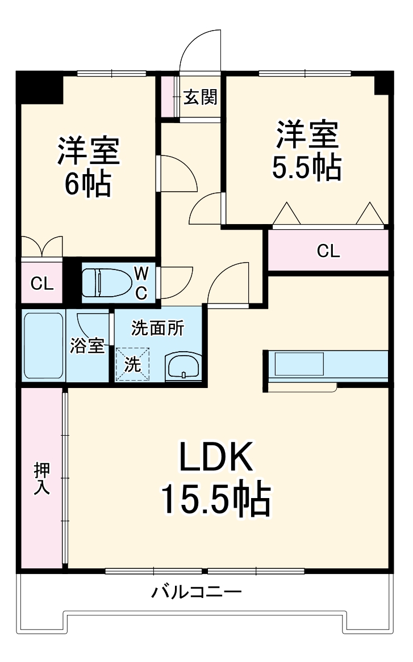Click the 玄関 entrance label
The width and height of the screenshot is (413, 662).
201,98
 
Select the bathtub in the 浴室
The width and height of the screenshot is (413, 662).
43,346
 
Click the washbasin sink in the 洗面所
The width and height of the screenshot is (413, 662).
183,366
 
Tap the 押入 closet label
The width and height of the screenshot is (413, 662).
41,478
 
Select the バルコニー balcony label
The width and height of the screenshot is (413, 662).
197,593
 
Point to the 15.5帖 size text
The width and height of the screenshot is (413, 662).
215,498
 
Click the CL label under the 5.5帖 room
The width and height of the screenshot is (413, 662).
328,251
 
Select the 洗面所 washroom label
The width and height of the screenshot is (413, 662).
158,328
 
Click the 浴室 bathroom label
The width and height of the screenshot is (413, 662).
87,346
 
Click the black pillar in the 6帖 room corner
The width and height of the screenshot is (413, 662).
40,86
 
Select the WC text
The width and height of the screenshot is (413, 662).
141,283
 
